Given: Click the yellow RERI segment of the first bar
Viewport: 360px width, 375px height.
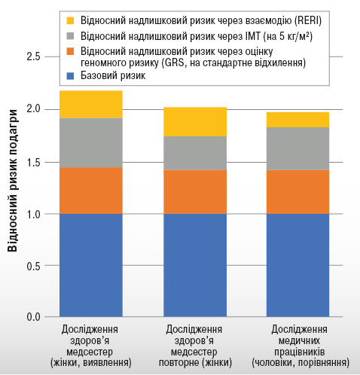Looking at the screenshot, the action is click(x=91, y=104).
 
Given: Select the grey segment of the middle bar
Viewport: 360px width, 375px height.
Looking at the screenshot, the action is click(x=195, y=153).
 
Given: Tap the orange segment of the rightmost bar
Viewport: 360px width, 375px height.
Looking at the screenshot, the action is click(x=297, y=192).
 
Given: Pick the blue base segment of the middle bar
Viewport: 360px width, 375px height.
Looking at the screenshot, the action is click(x=195, y=265).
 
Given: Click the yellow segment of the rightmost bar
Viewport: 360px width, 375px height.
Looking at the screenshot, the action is click(x=297, y=120).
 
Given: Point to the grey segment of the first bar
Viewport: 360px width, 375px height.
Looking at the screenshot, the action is click(x=91, y=142).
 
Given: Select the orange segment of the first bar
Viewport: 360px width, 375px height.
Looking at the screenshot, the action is click(x=91, y=191).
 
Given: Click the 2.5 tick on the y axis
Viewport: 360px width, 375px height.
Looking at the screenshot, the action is click(x=33, y=57).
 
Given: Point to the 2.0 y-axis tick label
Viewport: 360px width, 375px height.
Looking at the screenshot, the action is click(x=33, y=109).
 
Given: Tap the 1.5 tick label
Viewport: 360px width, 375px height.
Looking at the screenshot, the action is click(x=33, y=163).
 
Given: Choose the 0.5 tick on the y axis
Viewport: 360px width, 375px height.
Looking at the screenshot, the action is click(x=33, y=266).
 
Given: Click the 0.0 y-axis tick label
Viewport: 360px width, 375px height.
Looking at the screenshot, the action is click(x=33, y=317).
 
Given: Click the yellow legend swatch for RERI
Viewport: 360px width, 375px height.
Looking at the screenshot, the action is click(x=71, y=20).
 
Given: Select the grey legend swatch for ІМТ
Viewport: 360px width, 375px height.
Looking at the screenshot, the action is click(x=71, y=36).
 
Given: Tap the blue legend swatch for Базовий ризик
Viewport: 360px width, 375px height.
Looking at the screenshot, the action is click(x=71, y=76).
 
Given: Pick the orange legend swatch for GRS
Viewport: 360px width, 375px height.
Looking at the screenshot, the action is click(x=71, y=51).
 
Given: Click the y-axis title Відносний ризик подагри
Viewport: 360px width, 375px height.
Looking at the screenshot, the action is click(x=12, y=180).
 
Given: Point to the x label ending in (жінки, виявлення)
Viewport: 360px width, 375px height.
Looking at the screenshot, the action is click(x=91, y=346).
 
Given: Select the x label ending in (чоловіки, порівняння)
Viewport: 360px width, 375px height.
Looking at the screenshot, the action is click(x=301, y=346).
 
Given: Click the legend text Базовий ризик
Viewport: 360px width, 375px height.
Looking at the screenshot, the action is click(x=113, y=76).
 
